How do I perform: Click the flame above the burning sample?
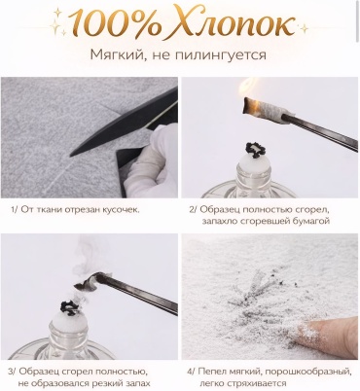249,89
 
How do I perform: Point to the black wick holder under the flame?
255,150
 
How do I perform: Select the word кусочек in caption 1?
123,210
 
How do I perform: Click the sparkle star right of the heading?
304,28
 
